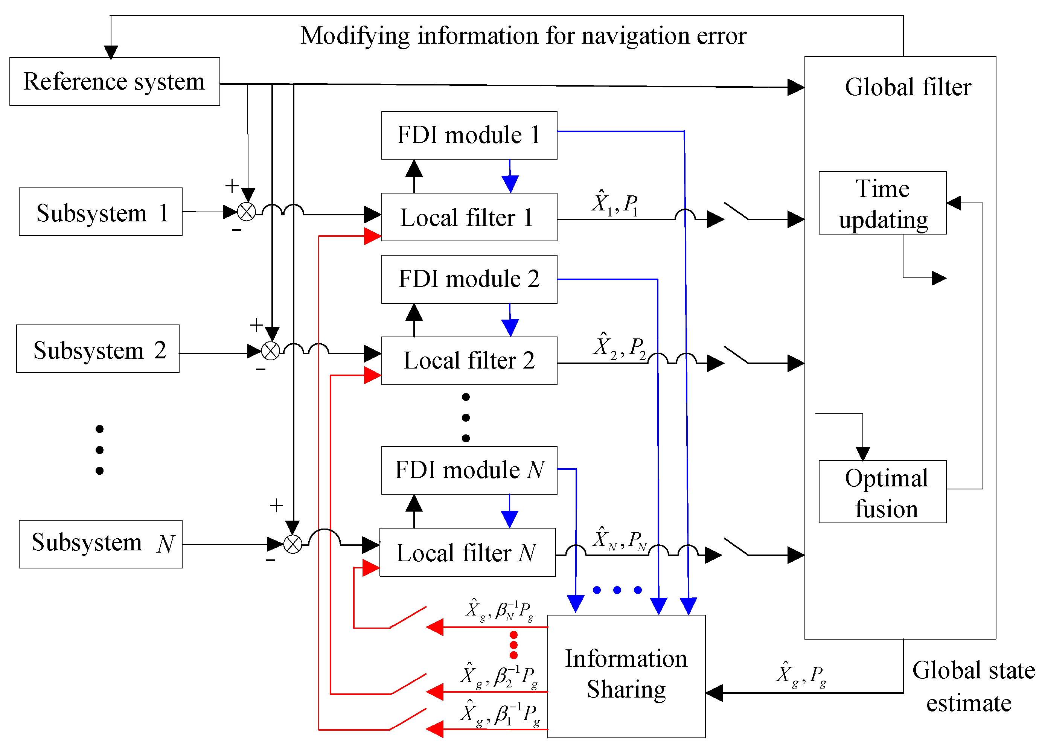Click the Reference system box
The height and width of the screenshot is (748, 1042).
coord(114,81)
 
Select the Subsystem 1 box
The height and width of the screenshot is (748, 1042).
coord(100,212)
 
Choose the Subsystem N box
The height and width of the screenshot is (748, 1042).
coord(100,544)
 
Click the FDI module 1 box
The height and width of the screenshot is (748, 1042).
coord(469,135)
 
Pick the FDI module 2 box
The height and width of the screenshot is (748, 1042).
coord(469,279)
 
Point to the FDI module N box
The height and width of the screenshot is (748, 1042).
coord(469,470)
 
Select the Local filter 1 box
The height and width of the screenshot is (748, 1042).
coord(469,217)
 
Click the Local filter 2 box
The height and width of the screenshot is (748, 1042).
coord(469,361)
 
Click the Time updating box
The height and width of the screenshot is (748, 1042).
coord(882,203)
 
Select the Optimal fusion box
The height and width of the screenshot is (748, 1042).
coord(882,492)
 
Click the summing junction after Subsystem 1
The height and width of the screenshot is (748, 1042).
coord(246,212)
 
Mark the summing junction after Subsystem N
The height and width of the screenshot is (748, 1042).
coord(292,544)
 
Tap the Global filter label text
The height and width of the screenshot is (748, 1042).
coord(908,87)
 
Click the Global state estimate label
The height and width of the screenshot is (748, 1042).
coord(973,686)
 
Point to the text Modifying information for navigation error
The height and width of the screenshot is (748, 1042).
coord(523,36)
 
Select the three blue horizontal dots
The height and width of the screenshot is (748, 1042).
coord(617,590)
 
